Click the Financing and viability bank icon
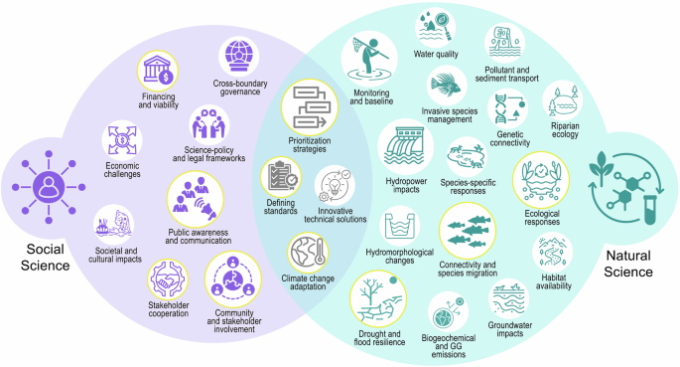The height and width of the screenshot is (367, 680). click(x=159, y=70)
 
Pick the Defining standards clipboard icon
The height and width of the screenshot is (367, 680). click(x=282, y=178)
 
